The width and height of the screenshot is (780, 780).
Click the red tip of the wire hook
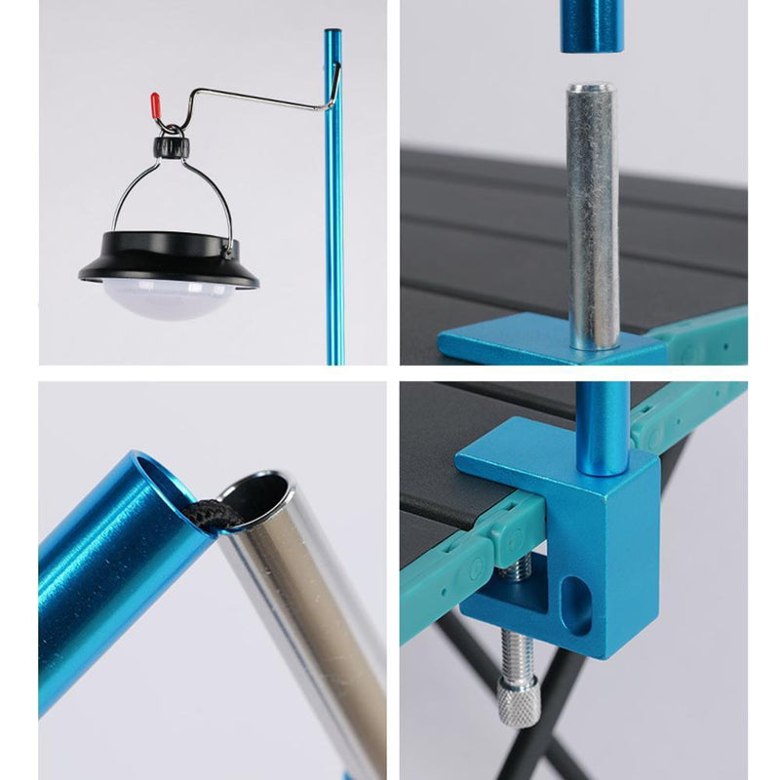[153, 102]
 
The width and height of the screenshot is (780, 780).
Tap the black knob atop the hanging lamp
[171, 147]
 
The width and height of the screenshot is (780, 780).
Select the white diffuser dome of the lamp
[170, 296]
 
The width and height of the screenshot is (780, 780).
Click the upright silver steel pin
[592, 214]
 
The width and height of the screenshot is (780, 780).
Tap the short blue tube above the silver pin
[591, 24]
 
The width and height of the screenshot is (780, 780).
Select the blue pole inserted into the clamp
[602, 429]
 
